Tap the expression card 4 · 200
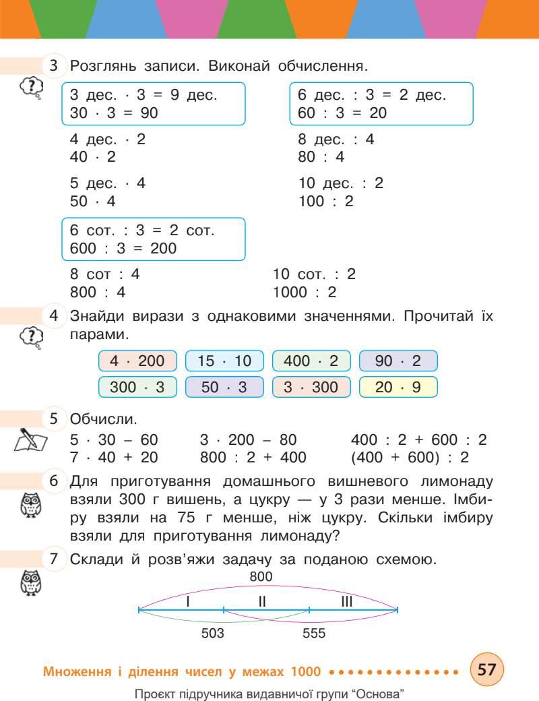[x=137, y=361]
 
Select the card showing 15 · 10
[x=224, y=361]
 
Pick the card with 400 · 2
[x=311, y=361]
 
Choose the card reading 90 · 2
[x=398, y=361]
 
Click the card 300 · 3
[x=137, y=388]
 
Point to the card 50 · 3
[x=224, y=388]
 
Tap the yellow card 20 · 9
[x=398, y=388]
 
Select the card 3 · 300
[x=311, y=388]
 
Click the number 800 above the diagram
[x=261, y=577]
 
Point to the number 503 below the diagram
[x=213, y=634]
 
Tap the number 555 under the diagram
[x=314, y=634]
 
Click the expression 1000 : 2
[x=304, y=293]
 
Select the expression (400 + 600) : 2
[x=418, y=458]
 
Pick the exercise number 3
[x=54, y=67]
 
